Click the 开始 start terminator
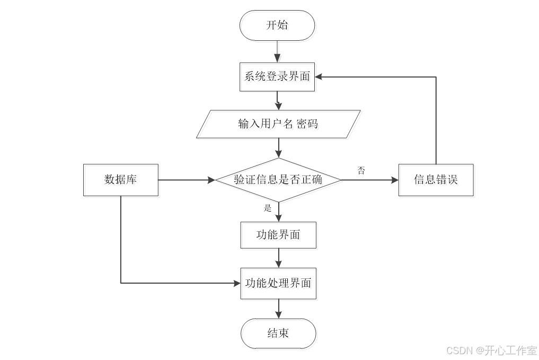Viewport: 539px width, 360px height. point(277,25)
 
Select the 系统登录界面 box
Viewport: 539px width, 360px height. point(277,76)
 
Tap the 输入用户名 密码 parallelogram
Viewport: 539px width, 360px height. point(278,124)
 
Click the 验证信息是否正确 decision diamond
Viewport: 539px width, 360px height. point(278,180)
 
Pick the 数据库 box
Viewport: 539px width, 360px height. point(121,180)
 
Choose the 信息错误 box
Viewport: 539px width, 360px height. point(436,180)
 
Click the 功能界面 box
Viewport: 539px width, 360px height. point(278,235)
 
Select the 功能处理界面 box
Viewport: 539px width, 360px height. point(278,283)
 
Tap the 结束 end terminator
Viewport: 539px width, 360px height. point(278,333)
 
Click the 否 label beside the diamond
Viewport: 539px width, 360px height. point(361,171)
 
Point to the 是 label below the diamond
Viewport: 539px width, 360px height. point(268,208)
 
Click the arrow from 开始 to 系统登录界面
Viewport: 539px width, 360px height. point(277,51)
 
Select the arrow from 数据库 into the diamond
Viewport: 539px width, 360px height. point(185,180)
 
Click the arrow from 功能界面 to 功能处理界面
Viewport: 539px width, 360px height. point(278,259)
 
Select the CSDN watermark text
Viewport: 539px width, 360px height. point(491,350)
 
